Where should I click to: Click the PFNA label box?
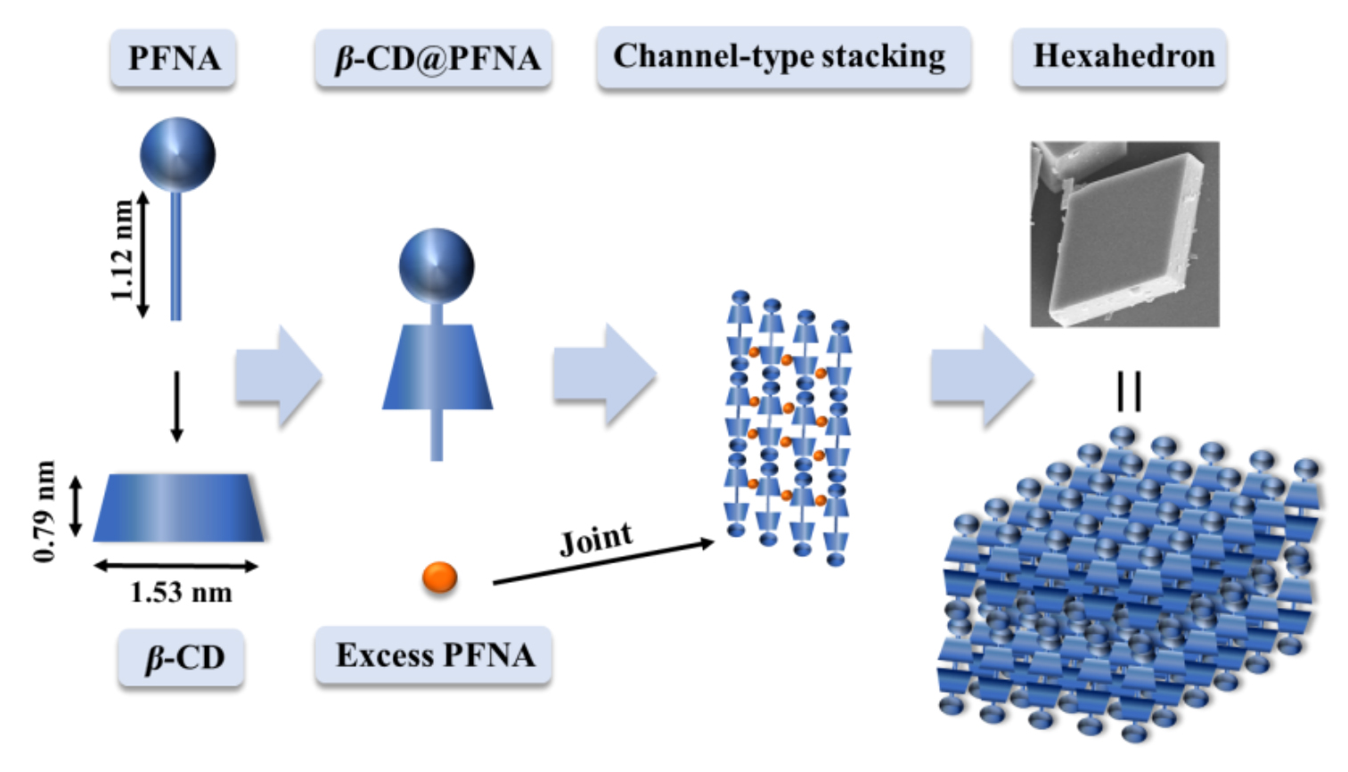tap(174, 59)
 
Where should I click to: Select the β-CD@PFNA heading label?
tap(434, 59)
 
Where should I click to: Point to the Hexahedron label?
tap(1121, 57)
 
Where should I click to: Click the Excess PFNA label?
tap(434, 655)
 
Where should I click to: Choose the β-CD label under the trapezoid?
tap(182, 658)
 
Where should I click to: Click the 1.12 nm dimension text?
tap(122, 250)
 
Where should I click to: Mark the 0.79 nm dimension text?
tap(45, 510)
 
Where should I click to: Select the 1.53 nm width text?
tap(181, 592)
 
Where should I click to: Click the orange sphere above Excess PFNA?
tap(439, 577)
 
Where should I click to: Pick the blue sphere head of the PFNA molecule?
tap(177, 154)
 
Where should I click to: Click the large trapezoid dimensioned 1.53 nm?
tap(178, 507)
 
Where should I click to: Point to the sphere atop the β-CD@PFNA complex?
tap(436, 265)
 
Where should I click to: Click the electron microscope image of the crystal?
tap(1124, 234)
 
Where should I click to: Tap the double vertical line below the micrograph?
tap(1129, 390)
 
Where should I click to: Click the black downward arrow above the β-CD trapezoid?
tap(176, 407)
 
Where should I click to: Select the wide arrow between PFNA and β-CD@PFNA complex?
tap(277, 375)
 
